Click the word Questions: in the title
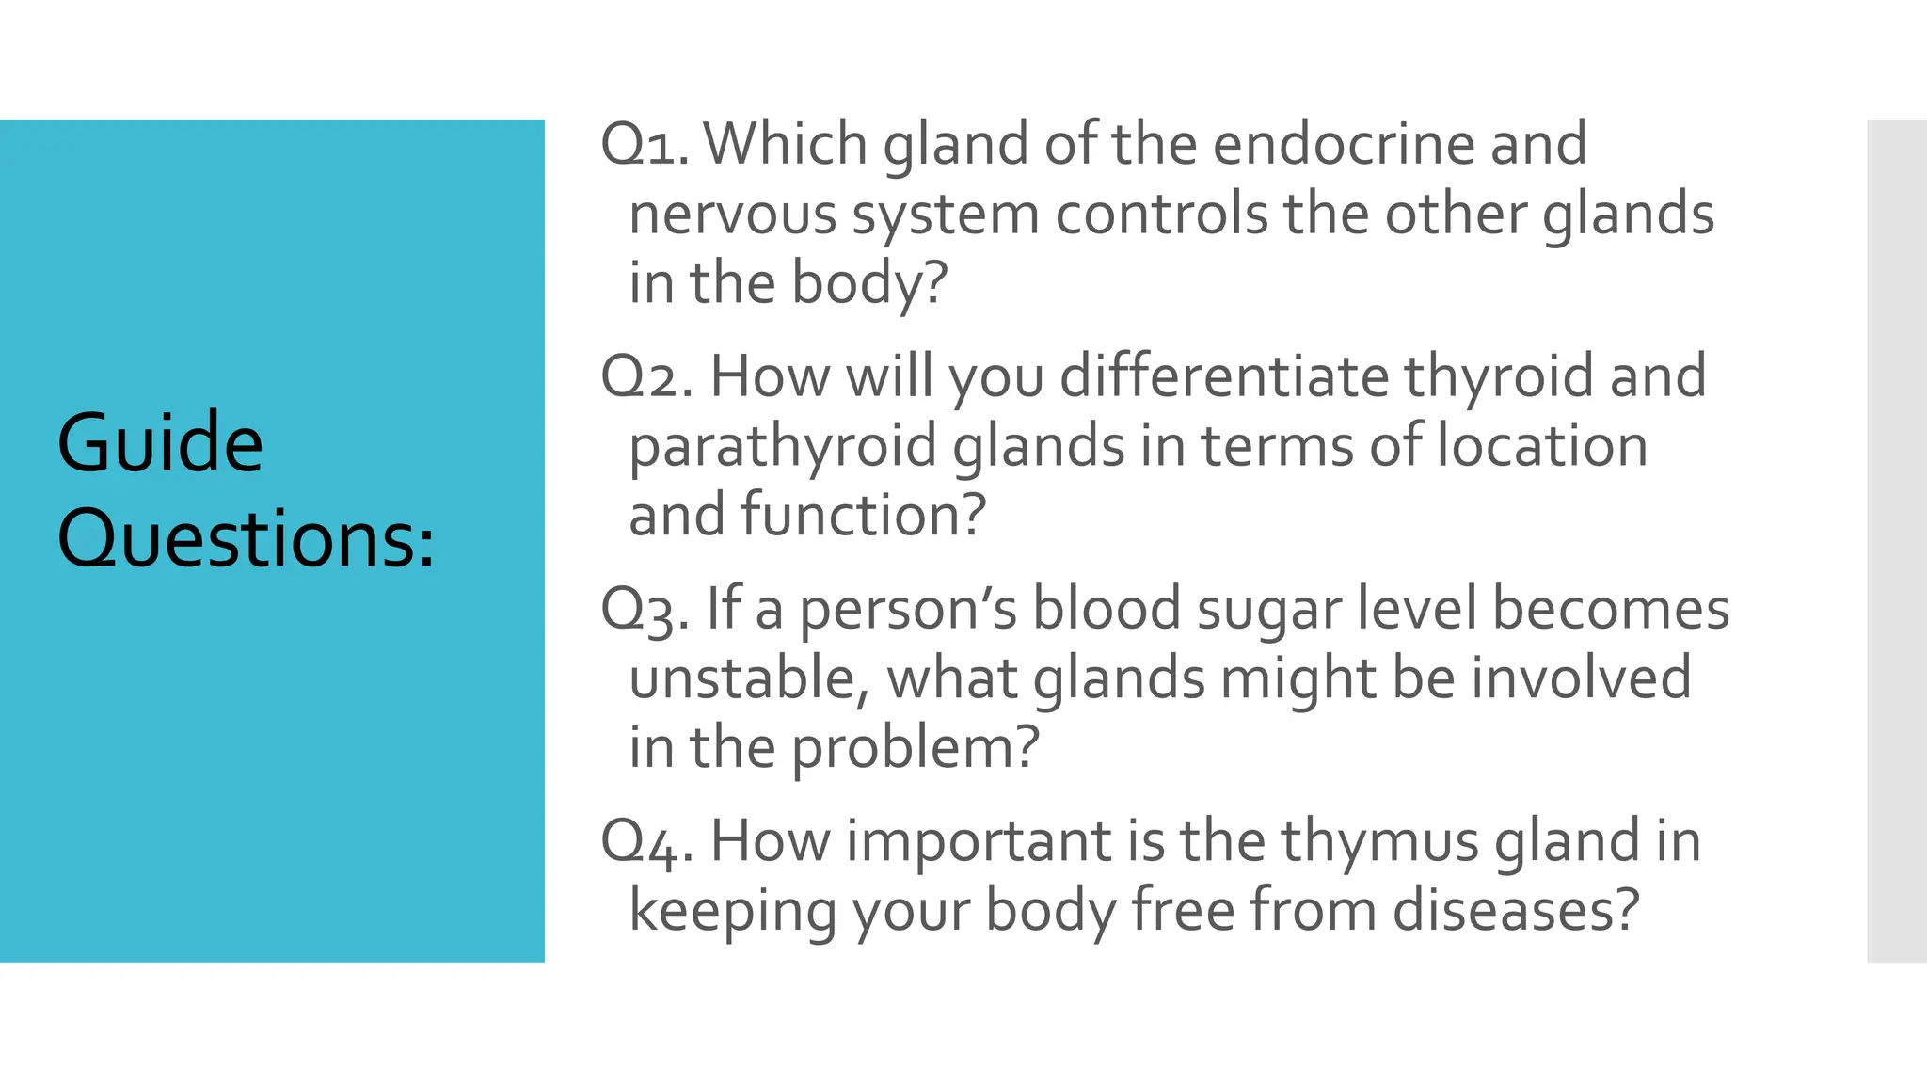pos(247,540)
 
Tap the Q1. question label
pos(645,145)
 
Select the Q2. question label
pos(647,377)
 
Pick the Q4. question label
pos(647,842)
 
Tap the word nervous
pos(732,215)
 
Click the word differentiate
pos(1224,376)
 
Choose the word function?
pos(864,516)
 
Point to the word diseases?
pos(1516,911)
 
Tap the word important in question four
pos(979,841)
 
